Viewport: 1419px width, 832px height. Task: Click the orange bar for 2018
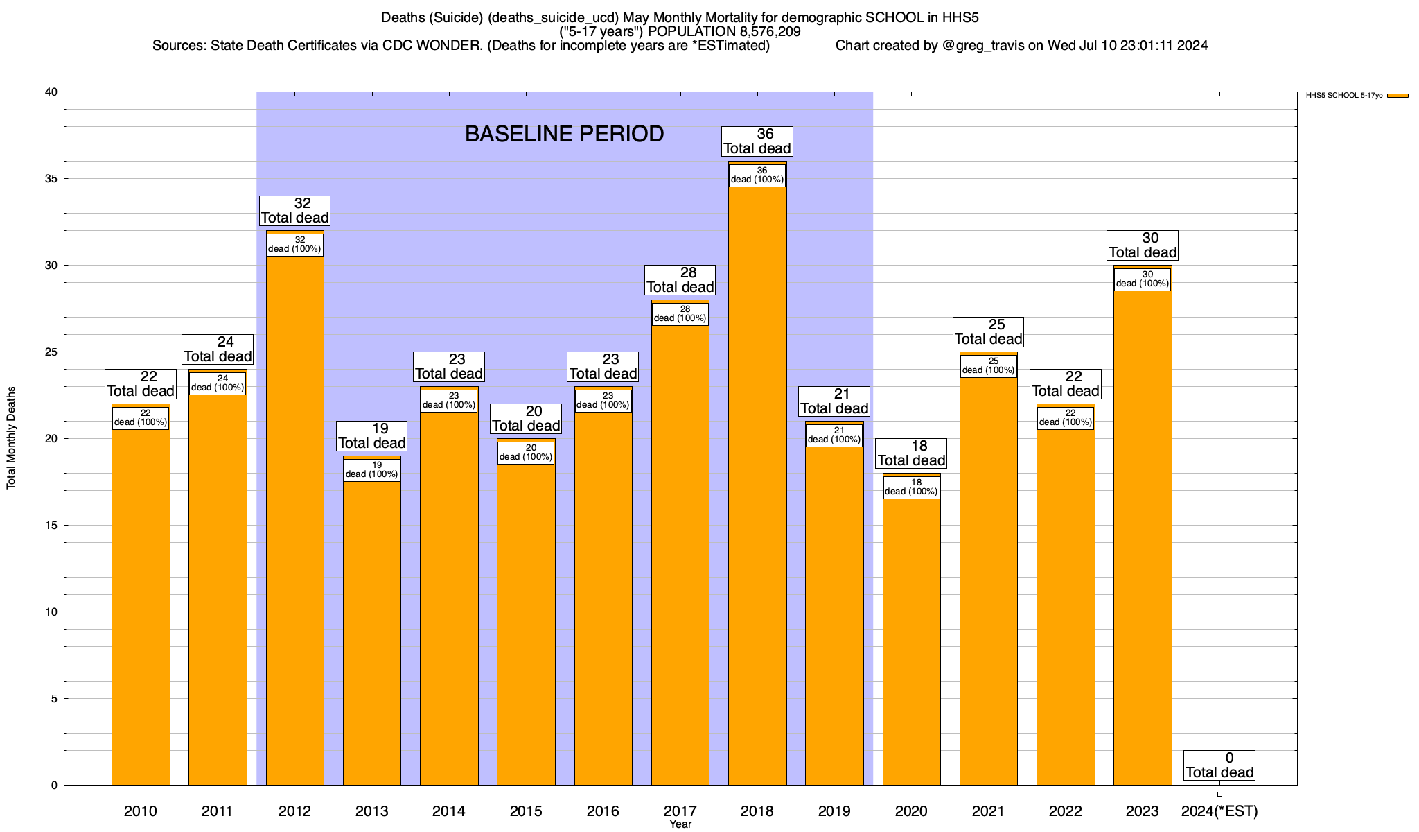(757, 485)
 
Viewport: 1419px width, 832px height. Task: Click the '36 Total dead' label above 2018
(757, 141)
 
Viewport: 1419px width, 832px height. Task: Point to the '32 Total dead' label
(295, 211)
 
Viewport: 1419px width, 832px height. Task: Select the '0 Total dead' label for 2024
(1219, 765)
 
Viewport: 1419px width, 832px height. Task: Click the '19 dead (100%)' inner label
(372, 470)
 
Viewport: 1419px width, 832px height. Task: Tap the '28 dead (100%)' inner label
(680, 314)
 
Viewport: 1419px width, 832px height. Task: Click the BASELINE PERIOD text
(564, 134)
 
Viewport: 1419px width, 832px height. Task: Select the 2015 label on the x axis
(526, 811)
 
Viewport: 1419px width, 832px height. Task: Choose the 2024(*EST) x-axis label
(1219, 811)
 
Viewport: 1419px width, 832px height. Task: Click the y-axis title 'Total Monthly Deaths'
(11, 438)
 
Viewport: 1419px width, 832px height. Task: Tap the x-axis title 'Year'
(680, 824)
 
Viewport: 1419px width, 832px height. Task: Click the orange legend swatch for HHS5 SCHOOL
(1398, 96)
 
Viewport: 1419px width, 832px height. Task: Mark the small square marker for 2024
(1219, 795)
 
